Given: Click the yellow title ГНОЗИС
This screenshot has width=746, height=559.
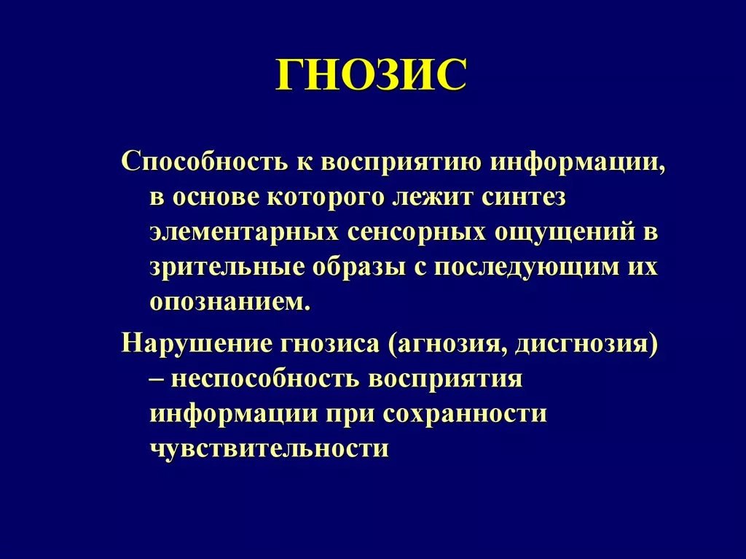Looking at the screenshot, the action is point(371,75).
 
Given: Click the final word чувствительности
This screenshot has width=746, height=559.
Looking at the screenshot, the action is point(270,448).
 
